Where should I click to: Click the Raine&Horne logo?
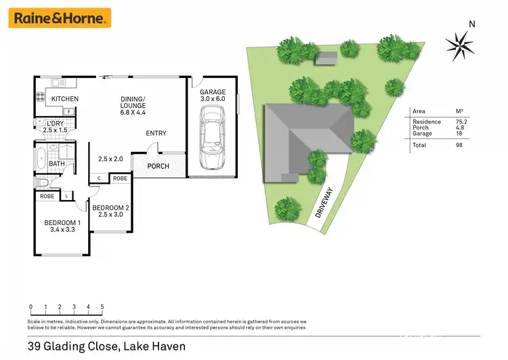[x=60, y=18]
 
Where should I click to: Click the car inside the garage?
[x=211, y=139]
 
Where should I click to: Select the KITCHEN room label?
[x=65, y=99]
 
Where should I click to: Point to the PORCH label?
[x=158, y=166]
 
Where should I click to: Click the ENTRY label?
[x=156, y=134]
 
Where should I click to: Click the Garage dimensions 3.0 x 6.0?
[x=212, y=99]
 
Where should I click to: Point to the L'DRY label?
[x=55, y=123]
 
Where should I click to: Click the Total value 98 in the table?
[x=459, y=145]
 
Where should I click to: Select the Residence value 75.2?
[x=461, y=122]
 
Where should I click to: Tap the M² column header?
[x=460, y=111]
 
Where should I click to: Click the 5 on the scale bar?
[x=102, y=307]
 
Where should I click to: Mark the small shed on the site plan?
[x=327, y=60]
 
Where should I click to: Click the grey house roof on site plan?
[x=308, y=141]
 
